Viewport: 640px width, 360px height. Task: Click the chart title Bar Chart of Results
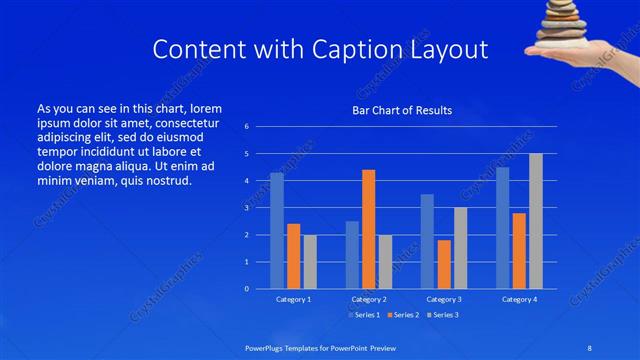point(401,110)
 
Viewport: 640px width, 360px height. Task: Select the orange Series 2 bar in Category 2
point(368,229)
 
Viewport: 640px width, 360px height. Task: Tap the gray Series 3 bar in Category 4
point(536,221)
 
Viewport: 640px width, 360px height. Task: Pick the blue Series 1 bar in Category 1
point(277,231)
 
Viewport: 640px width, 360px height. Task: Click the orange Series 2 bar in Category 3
point(444,264)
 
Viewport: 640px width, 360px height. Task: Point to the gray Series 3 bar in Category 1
point(310,262)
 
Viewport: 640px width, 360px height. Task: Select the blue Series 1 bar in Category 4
point(503,228)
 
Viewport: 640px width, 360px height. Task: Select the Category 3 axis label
point(444,299)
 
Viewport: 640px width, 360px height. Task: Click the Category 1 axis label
point(293,299)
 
